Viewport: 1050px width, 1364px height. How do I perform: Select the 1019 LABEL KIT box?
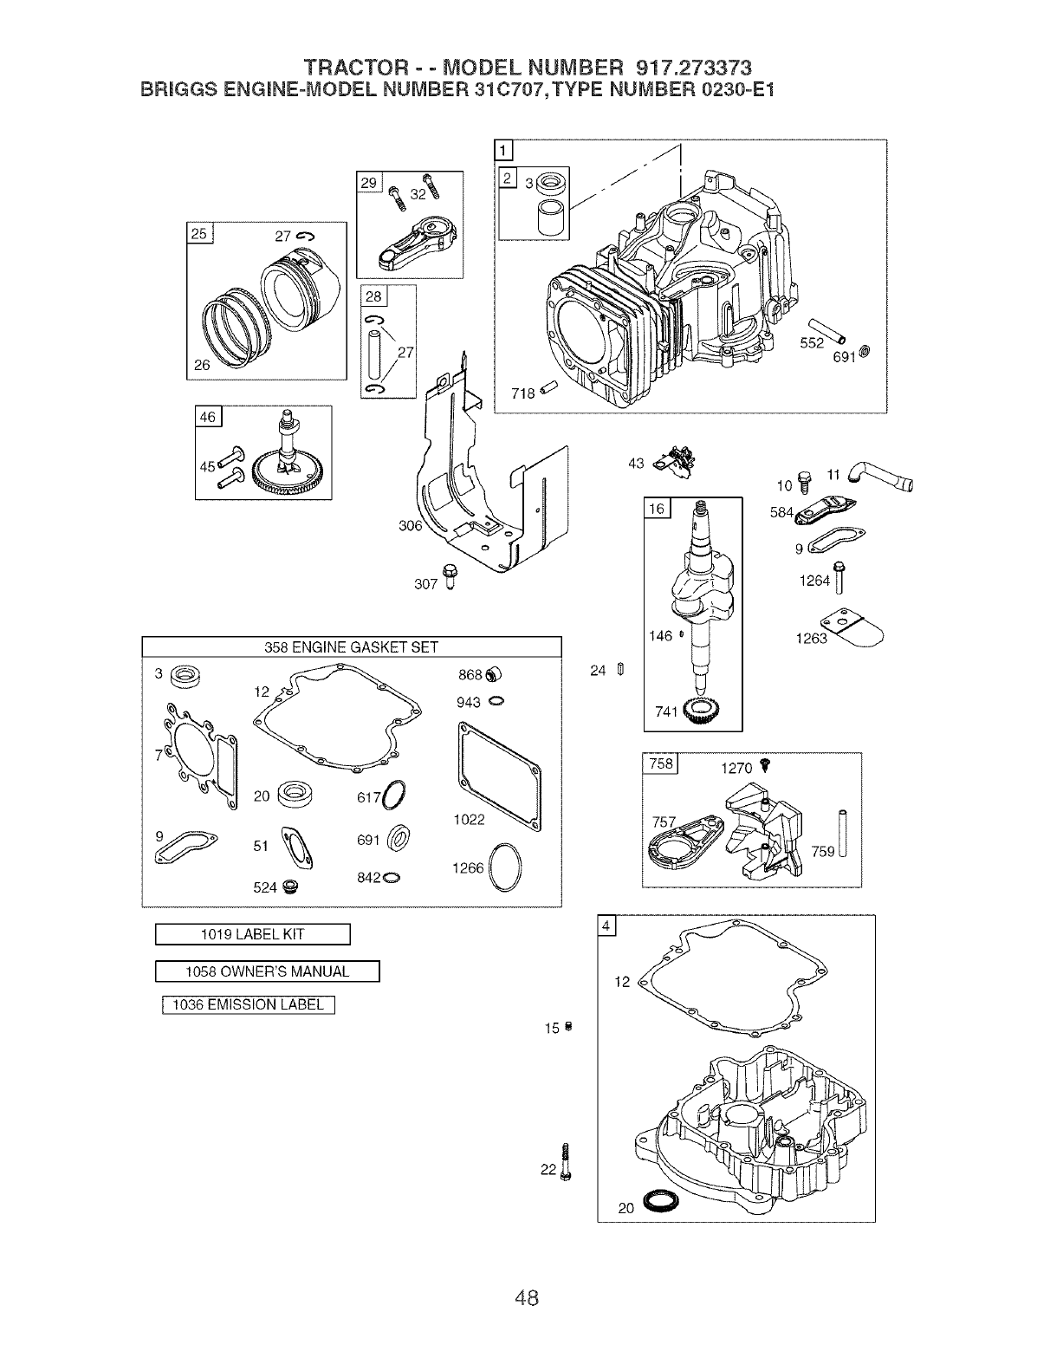point(252,934)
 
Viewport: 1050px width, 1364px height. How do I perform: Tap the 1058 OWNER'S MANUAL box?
point(268,971)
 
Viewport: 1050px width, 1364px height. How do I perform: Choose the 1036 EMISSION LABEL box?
point(249,1005)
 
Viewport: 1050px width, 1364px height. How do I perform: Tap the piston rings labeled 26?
point(232,325)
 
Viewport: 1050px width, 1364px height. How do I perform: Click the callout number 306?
point(410,526)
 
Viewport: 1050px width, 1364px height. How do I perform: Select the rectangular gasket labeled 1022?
point(497,764)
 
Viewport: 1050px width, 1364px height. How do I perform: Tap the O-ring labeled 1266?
point(506,867)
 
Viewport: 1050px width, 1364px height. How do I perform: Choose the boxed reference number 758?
point(660,763)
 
